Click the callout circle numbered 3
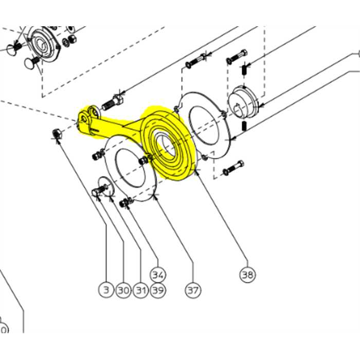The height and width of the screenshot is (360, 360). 106,291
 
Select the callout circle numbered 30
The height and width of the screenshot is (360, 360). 123,291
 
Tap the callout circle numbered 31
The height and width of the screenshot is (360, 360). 141,291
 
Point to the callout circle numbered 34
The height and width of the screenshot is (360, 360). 158,273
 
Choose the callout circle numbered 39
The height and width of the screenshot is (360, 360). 158,291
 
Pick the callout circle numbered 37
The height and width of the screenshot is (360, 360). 193,291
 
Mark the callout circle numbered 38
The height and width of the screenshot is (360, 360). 247,274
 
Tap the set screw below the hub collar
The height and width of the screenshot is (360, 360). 245,127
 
